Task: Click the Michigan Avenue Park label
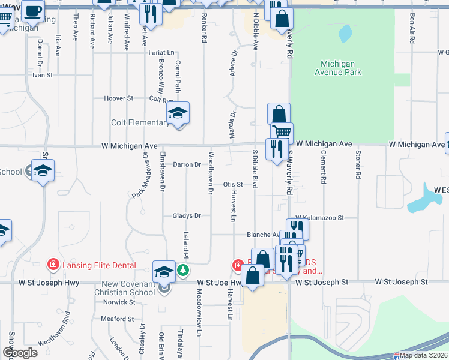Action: coord(341,68)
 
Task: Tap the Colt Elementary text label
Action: coord(140,123)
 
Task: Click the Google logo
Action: coord(20,353)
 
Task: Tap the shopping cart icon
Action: coord(282,132)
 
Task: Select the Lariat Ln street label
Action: coord(161,53)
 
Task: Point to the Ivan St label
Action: coord(43,76)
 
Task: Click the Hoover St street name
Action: coord(118,98)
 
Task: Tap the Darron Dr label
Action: coord(187,164)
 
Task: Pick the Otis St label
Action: coord(233,185)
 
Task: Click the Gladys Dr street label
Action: coord(186,215)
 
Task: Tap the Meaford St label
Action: coord(117,319)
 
